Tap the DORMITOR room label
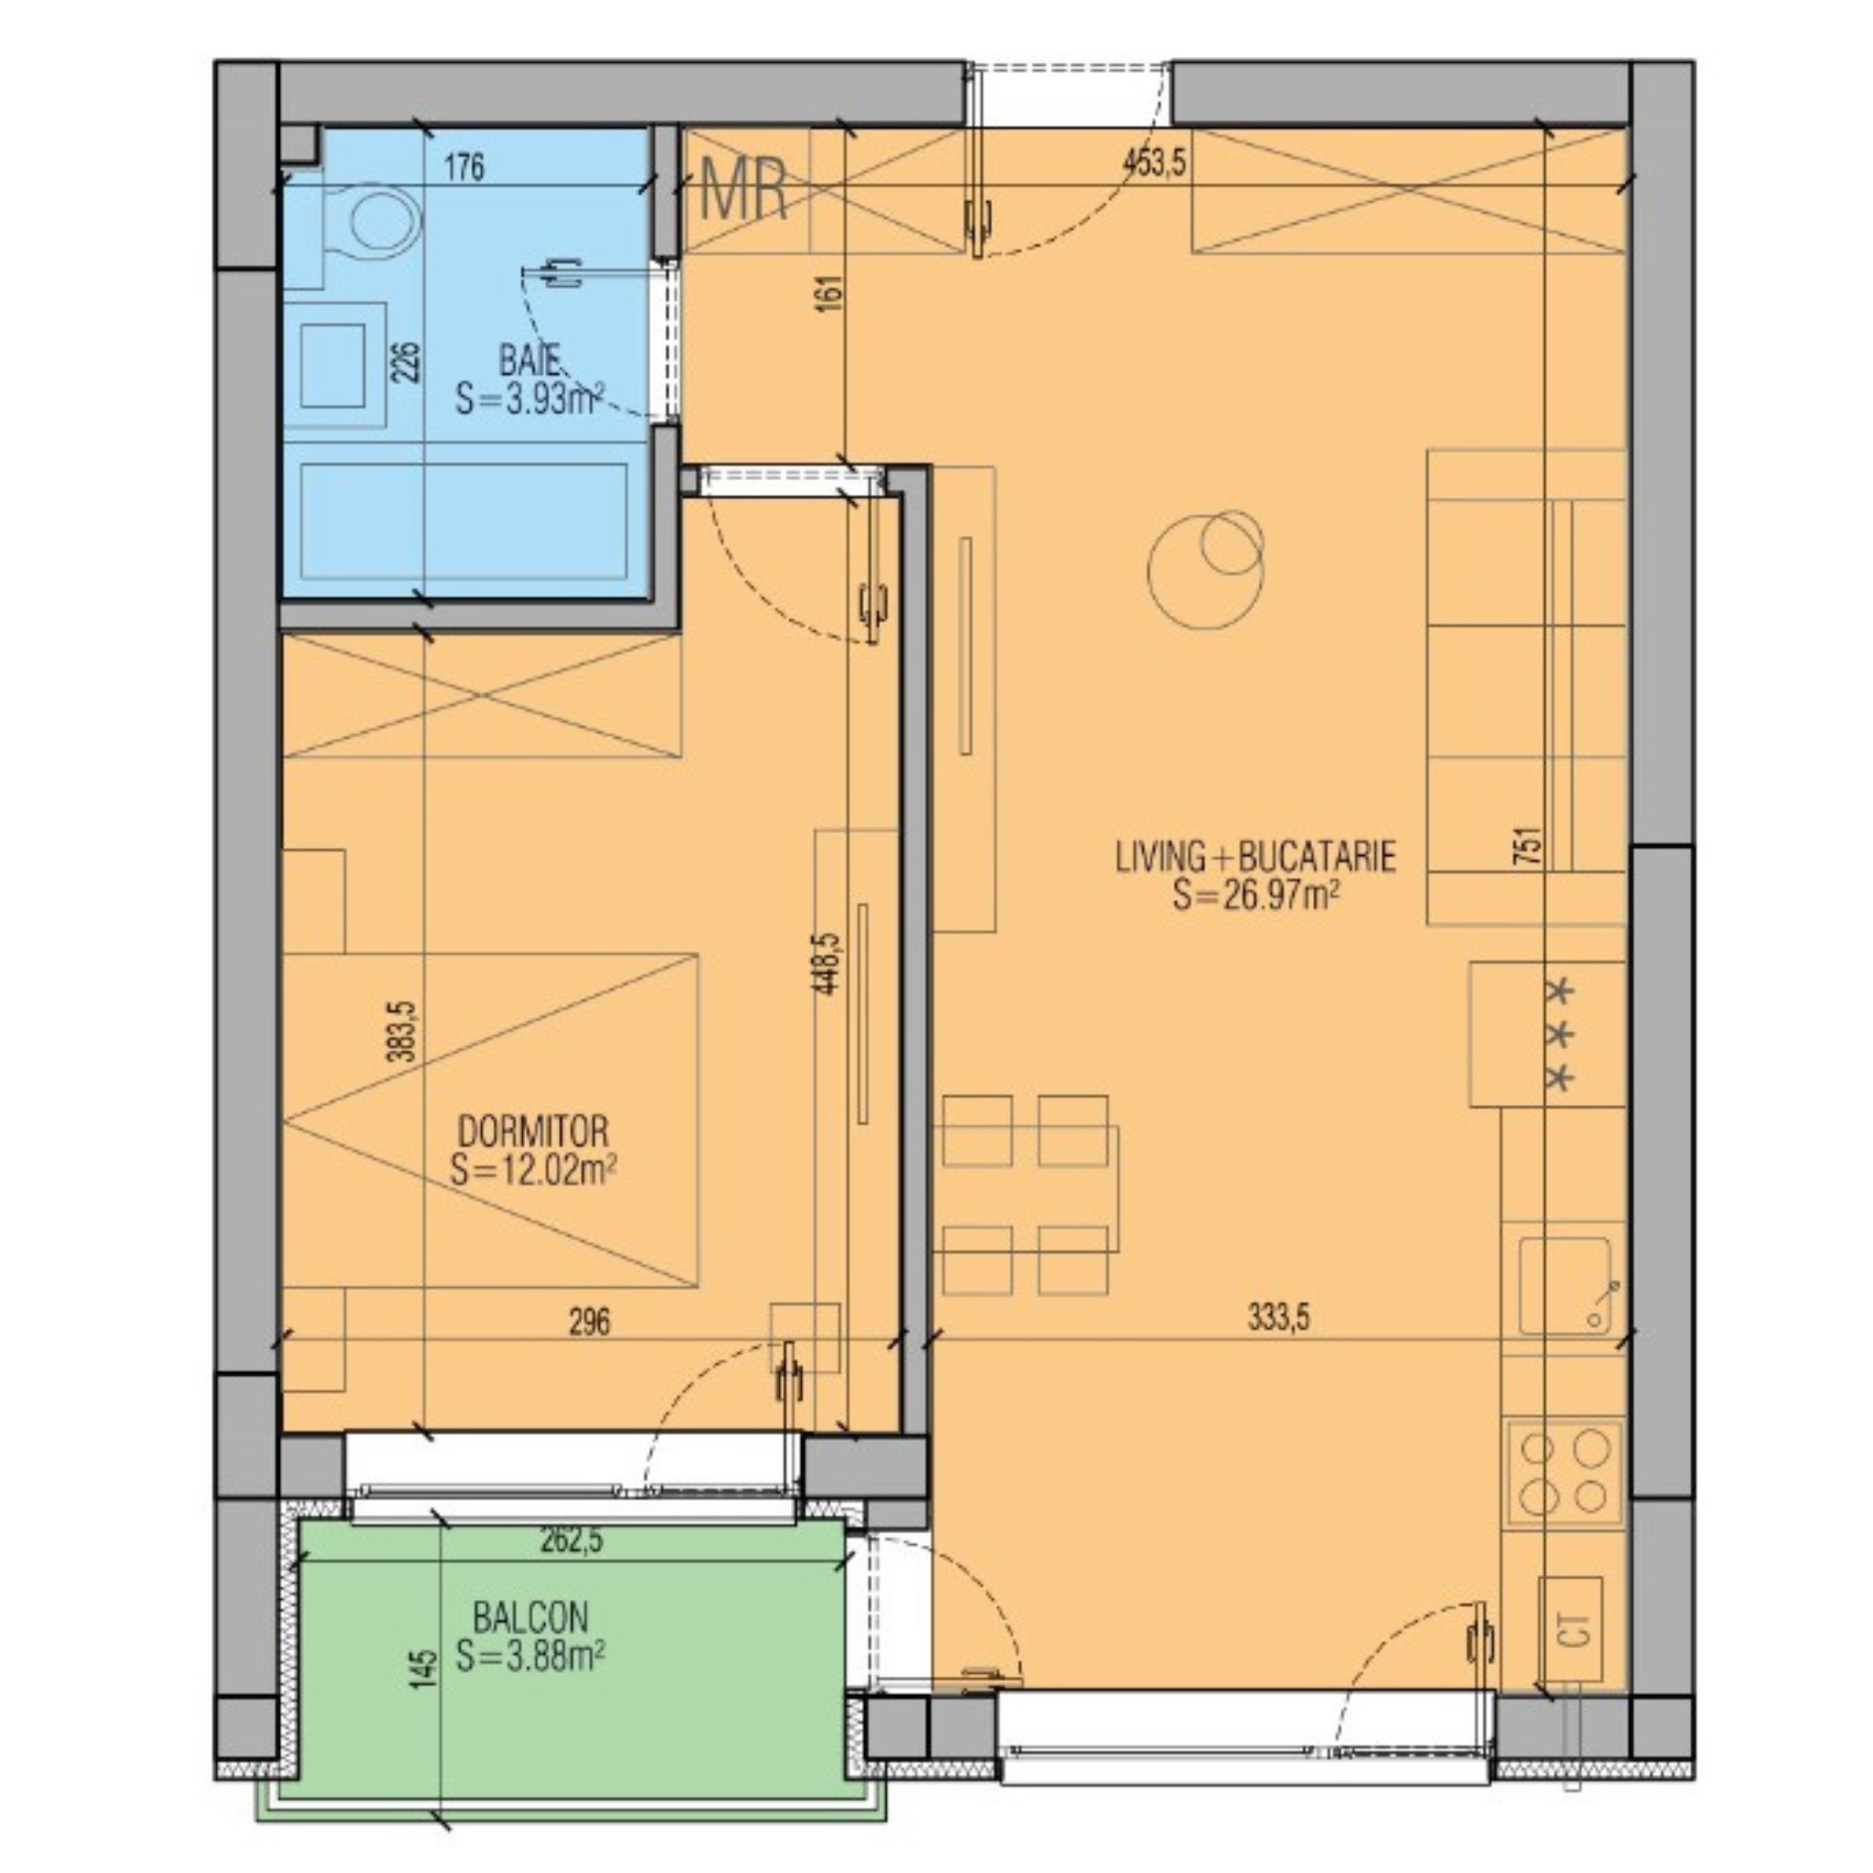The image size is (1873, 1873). pyautogui.click(x=532, y=1131)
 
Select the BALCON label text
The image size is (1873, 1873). pyautogui.click(x=531, y=1615)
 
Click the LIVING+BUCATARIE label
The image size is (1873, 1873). pyautogui.click(x=1255, y=857)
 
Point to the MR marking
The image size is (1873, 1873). pyautogui.click(x=744, y=190)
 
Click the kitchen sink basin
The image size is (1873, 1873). pyautogui.click(x=1564, y=1285)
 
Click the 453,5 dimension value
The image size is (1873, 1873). pyautogui.click(x=1154, y=162)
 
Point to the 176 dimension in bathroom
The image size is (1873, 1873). pyautogui.click(x=464, y=166)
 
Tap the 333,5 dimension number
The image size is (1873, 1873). pyautogui.click(x=1279, y=1318)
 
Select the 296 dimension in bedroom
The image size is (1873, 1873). pyautogui.click(x=589, y=1322)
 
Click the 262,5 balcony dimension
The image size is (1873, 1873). pyautogui.click(x=571, y=1540)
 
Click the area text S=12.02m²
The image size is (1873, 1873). pyautogui.click(x=532, y=1170)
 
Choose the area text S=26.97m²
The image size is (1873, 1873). pyautogui.click(x=1254, y=896)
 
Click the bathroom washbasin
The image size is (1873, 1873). pyautogui.click(x=334, y=366)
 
